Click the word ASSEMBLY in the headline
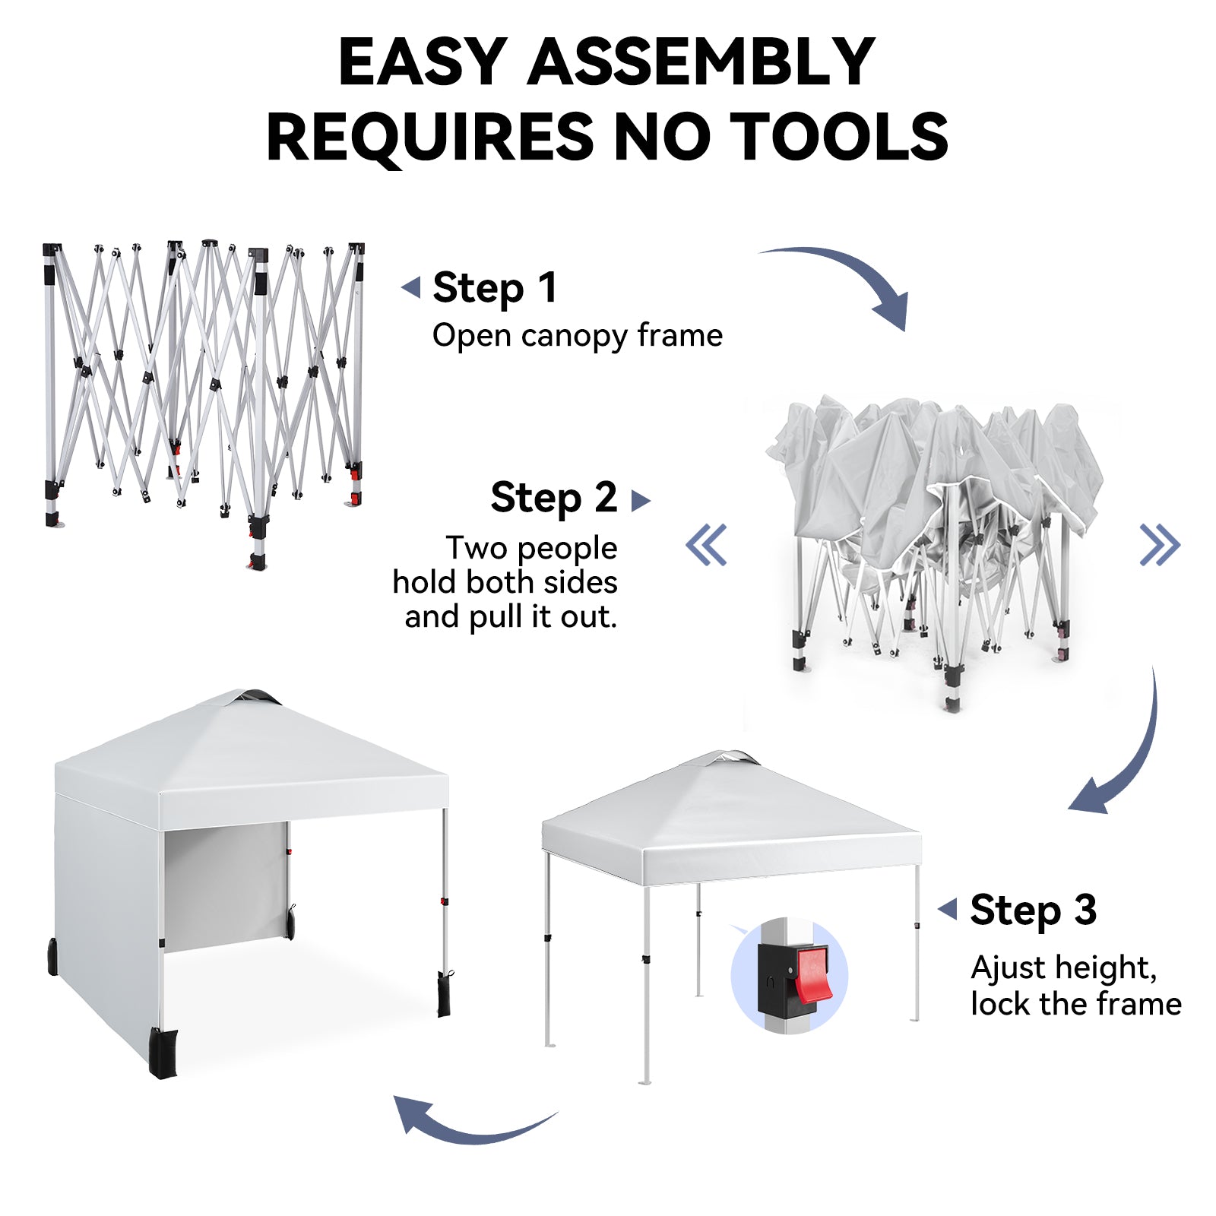pyautogui.click(x=701, y=62)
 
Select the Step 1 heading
pyautogui.click(x=495, y=288)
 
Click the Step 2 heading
pyautogui.click(x=553, y=499)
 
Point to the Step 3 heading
pyautogui.click(x=1033, y=910)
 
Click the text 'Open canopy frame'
pyautogui.click(x=578, y=335)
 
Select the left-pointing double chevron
pyautogui.click(x=707, y=545)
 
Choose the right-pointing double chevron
pyautogui.click(x=1160, y=545)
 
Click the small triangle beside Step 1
pyautogui.click(x=411, y=288)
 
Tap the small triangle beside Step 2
pyautogui.click(x=641, y=500)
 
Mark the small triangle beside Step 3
pyautogui.click(x=948, y=908)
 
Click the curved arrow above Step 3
pyautogui.click(x=1125, y=760)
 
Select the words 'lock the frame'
pyautogui.click(x=1076, y=1004)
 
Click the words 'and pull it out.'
pyautogui.click(x=511, y=616)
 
